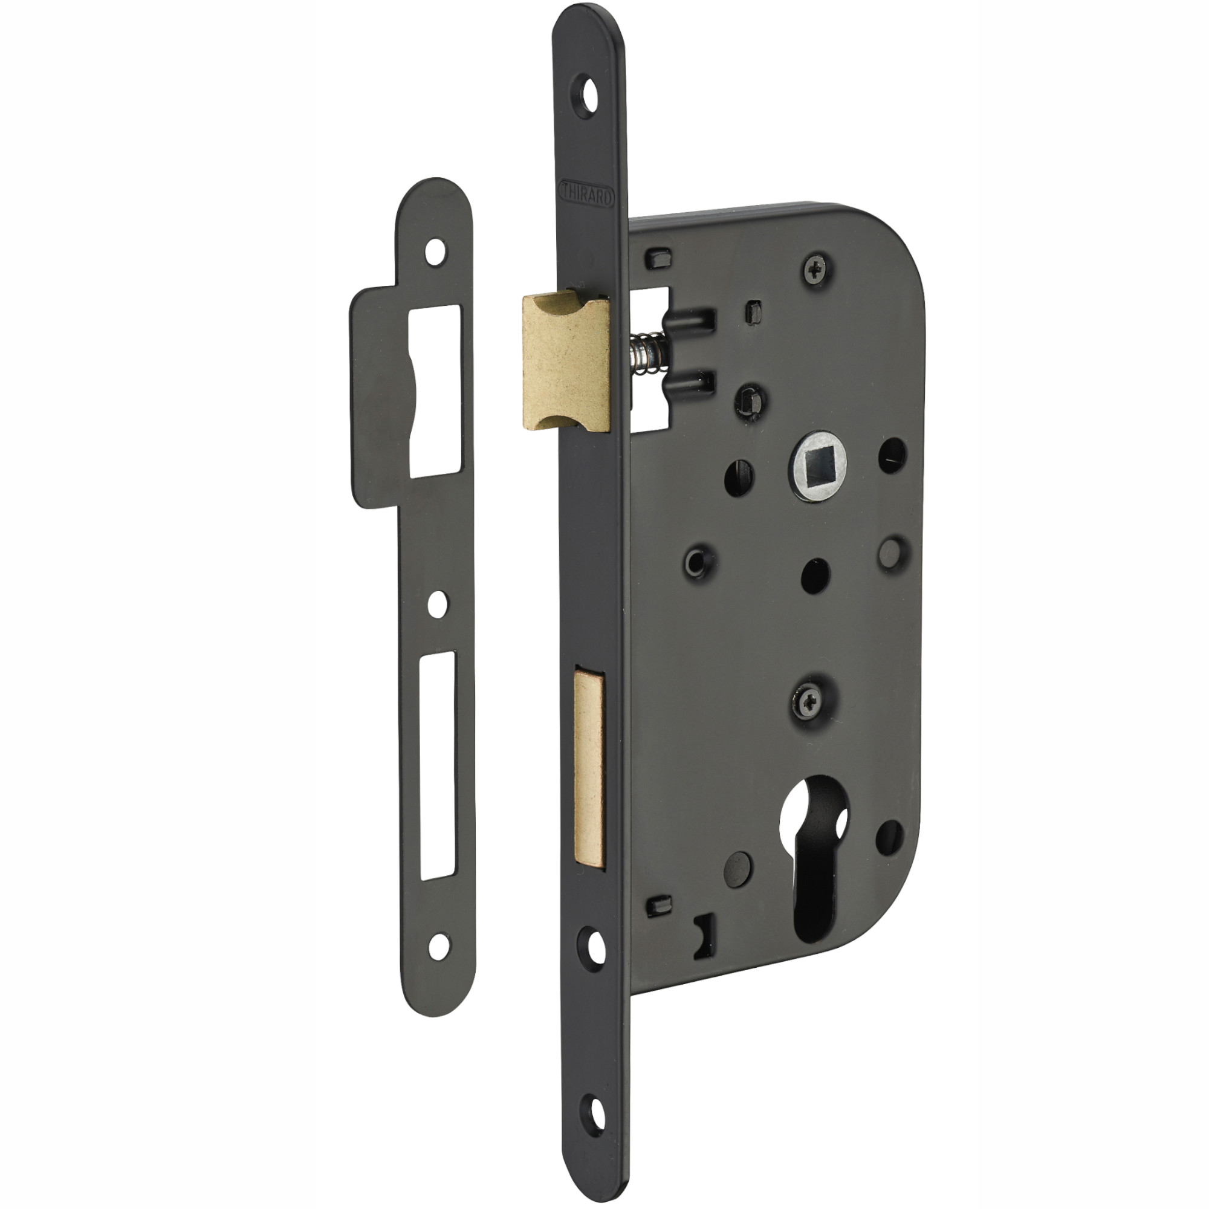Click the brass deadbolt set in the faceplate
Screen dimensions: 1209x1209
[x=589, y=769]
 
